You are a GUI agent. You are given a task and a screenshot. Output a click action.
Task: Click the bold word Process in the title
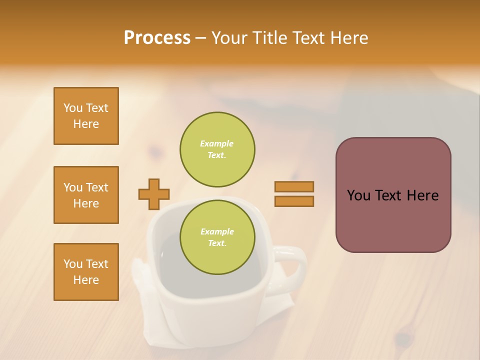[157, 38]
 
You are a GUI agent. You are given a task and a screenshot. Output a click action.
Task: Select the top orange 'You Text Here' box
[86, 116]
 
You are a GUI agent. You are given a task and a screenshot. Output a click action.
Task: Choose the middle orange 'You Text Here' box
[86, 195]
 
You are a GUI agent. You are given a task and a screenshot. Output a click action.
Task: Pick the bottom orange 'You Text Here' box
[86, 272]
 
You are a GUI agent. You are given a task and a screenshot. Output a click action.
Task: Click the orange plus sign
[154, 194]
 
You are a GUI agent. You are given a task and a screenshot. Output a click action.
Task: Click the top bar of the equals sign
[294, 186]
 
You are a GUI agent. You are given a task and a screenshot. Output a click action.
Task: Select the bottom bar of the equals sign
[294, 201]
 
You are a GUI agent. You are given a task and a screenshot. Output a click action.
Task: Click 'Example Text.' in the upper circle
[217, 149]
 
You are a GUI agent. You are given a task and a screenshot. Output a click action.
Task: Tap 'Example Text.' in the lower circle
[217, 237]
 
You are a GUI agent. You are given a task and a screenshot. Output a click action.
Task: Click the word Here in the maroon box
[422, 195]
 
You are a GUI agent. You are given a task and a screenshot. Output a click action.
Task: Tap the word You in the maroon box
[358, 195]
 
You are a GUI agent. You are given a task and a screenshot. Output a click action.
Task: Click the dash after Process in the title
[200, 38]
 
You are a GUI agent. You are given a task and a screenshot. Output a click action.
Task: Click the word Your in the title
[229, 38]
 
